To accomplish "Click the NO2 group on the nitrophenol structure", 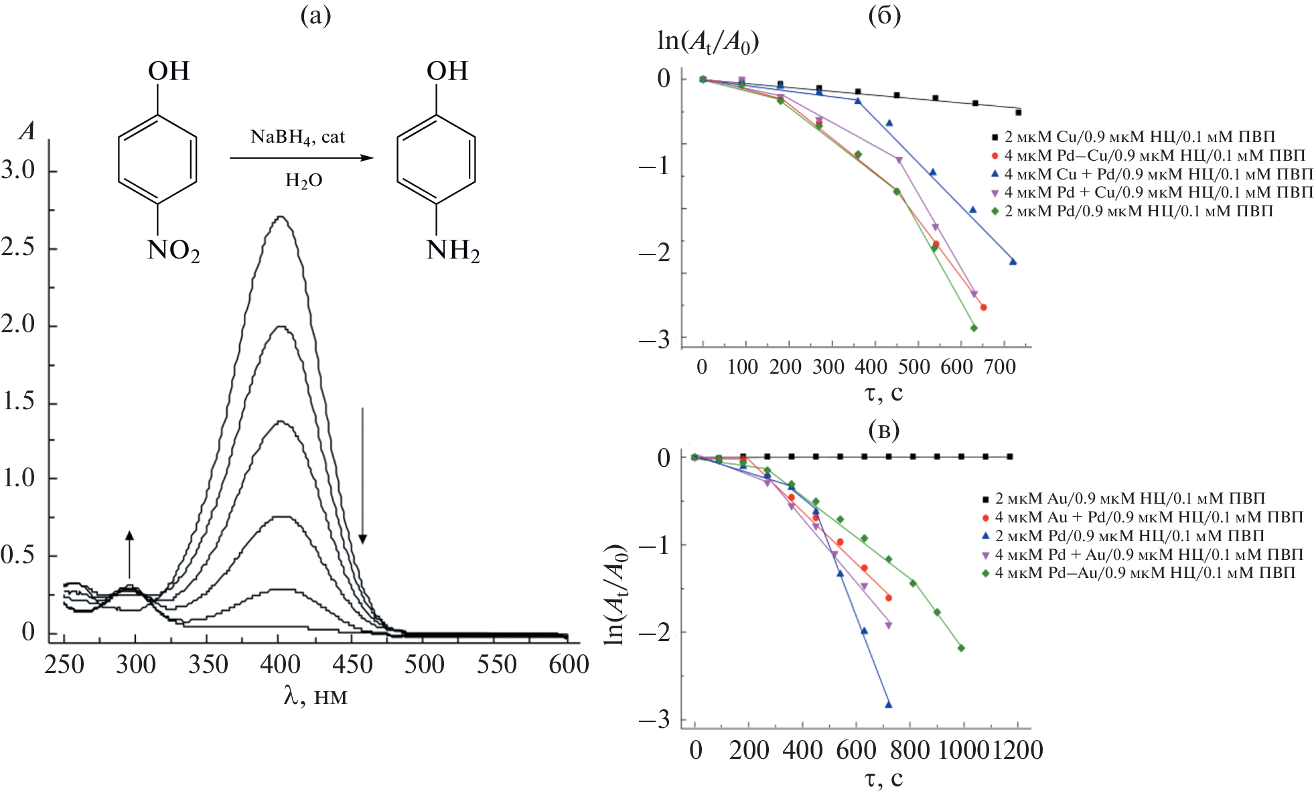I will coord(173,251).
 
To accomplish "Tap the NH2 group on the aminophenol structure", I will coord(453,251).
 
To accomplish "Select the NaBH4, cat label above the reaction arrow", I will coord(297,137).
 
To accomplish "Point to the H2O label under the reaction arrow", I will coord(303,180).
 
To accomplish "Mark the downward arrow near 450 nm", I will coord(362,476).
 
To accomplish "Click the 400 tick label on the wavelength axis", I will coord(280,664).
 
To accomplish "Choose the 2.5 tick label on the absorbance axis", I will coord(18,247).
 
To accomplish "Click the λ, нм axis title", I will coord(315,697).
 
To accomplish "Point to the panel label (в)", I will coord(883,430).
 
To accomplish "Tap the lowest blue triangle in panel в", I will coord(889,705).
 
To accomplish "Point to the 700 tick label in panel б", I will coord(1001,367).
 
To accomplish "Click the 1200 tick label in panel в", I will coord(1017,750).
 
